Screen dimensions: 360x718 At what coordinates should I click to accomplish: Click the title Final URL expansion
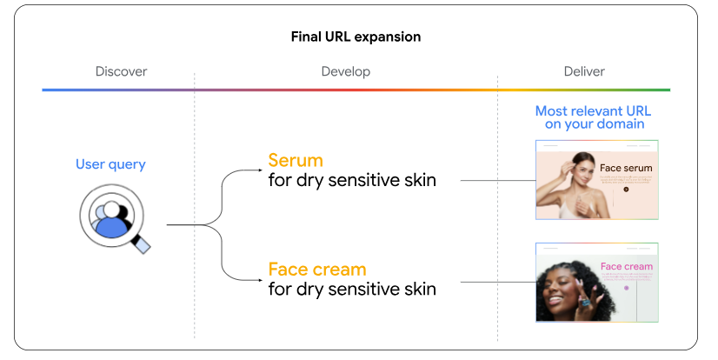[x=356, y=37]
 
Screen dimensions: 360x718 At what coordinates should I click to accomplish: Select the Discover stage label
[x=121, y=71]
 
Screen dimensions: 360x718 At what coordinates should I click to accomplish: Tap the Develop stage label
[x=345, y=71]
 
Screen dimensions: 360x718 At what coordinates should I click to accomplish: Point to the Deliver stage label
[x=583, y=71]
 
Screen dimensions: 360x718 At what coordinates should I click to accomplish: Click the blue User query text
[x=110, y=164]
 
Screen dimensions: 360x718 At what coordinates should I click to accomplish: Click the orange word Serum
[x=296, y=161]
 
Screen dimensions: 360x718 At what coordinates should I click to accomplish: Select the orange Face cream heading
[x=316, y=269]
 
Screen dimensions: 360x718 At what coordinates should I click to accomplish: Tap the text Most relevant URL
[x=593, y=111]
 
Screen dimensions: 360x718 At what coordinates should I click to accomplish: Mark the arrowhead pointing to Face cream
[x=260, y=279]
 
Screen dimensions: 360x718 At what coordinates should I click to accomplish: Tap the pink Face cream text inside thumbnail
[x=626, y=266]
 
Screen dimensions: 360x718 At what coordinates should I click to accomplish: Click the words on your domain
[x=595, y=124]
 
